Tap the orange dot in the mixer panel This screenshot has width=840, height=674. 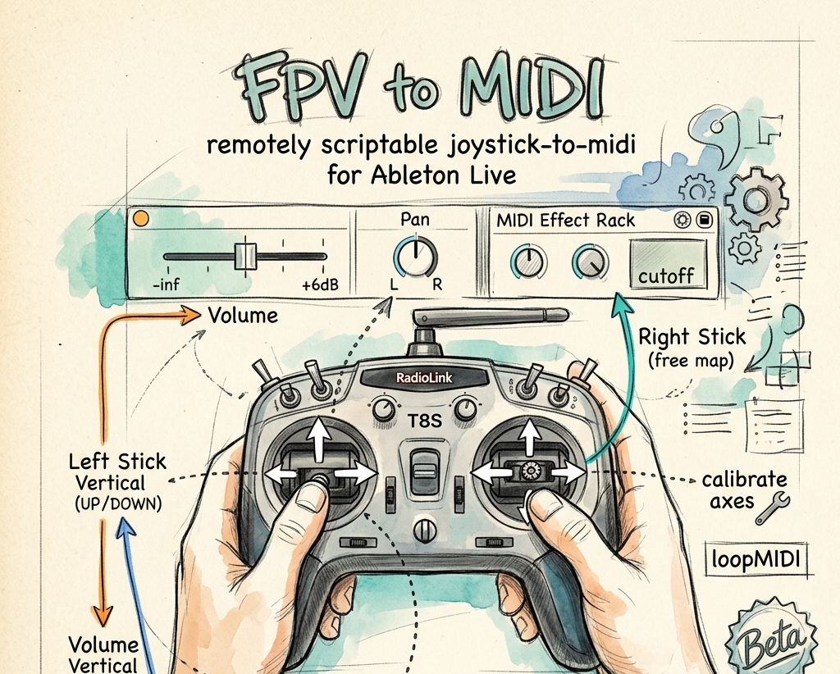click(141, 218)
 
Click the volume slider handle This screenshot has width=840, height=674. click(246, 256)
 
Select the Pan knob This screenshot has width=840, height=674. click(415, 257)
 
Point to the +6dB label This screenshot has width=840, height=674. click(321, 285)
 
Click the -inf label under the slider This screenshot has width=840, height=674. click(166, 285)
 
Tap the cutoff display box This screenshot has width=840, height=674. click(668, 265)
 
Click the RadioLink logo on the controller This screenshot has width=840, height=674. click(424, 378)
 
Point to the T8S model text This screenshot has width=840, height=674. click(425, 421)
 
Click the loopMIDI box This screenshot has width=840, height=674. click(756, 559)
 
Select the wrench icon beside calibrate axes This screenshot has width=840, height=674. click(773, 508)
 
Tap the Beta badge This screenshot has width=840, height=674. click(770, 640)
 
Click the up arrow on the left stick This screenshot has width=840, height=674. click(319, 439)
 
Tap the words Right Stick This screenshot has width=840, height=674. click(692, 337)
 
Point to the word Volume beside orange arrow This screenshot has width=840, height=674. click(243, 316)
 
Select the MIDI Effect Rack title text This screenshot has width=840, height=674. click(565, 221)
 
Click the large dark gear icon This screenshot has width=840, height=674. click(756, 199)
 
